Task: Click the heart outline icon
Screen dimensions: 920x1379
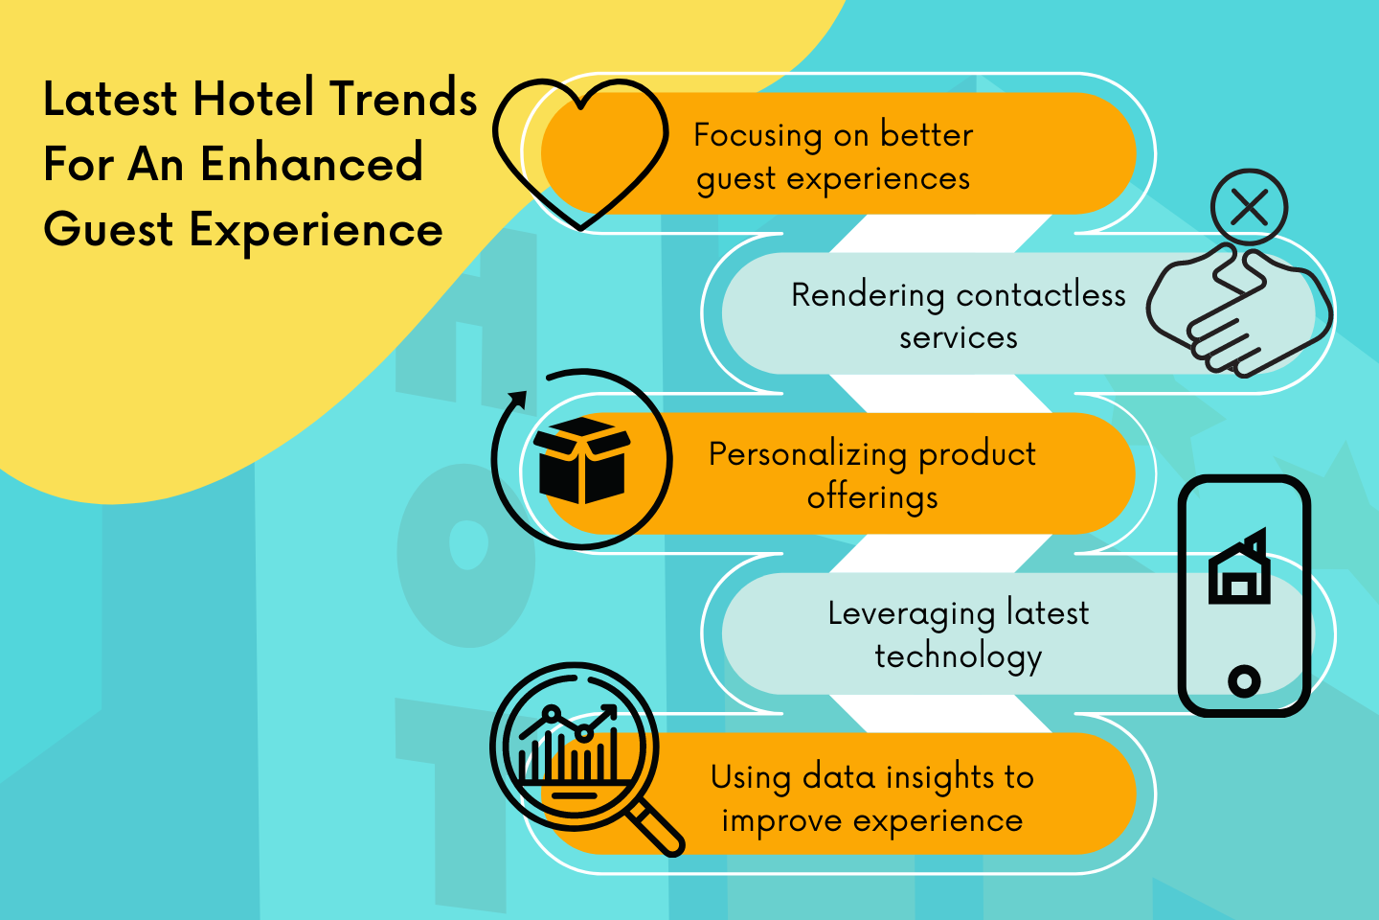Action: coord(579,153)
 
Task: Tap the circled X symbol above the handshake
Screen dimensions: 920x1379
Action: coord(1249,207)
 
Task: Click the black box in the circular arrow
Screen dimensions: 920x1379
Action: coord(581,460)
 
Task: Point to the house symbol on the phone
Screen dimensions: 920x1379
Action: coord(1239,570)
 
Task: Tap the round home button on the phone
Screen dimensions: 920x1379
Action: coord(1243,681)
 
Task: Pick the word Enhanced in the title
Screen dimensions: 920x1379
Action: coord(311,164)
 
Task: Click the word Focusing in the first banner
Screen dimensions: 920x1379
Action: coord(757,136)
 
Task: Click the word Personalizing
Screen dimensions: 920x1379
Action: coord(807,454)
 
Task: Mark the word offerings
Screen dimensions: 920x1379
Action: coord(872,497)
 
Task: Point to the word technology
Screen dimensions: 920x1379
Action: coord(958,656)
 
